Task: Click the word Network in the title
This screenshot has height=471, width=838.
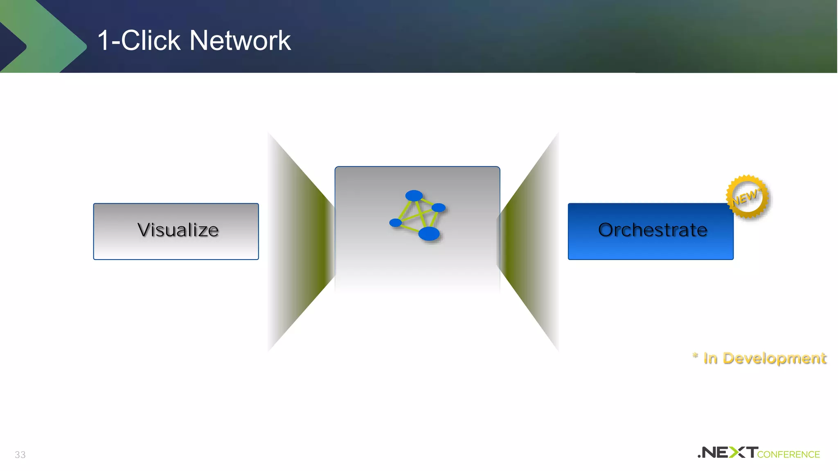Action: point(240,41)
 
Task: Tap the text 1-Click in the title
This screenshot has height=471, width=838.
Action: point(139,41)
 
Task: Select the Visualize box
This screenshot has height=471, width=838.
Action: point(176,231)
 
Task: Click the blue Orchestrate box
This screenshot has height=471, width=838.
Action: point(651,231)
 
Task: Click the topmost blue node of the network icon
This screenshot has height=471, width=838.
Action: point(414,195)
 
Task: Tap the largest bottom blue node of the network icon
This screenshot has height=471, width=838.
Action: point(429,234)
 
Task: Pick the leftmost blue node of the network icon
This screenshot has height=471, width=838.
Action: point(395,222)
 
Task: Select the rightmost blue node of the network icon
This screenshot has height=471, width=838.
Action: point(439,208)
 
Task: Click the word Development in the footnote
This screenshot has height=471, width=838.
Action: point(775,359)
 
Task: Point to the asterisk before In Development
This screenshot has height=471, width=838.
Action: point(695,356)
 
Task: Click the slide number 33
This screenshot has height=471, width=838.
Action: point(20,455)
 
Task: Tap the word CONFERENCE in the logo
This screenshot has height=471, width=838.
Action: point(788,455)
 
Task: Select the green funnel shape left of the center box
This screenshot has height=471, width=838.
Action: point(303,241)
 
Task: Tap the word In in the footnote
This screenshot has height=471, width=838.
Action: point(710,359)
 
